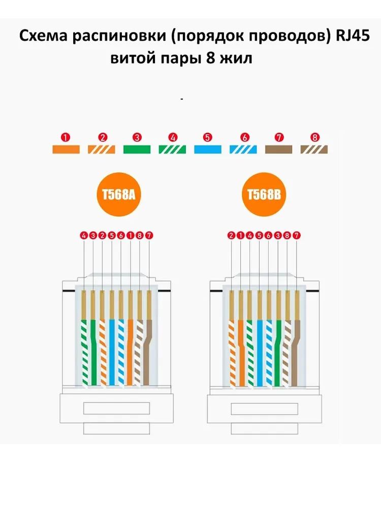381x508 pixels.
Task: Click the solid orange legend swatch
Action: (x=67, y=149)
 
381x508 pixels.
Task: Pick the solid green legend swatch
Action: (x=137, y=149)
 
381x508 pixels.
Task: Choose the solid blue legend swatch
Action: (x=208, y=149)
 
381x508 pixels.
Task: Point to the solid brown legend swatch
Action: (x=279, y=149)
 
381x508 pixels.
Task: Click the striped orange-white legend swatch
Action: (x=102, y=149)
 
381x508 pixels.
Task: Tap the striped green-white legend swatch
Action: (x=173, y=149)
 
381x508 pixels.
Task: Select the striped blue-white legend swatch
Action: (x=244, y=149)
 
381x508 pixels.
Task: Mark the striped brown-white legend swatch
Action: (x=314, y=149)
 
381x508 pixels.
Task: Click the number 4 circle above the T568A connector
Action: (x=84, y=236)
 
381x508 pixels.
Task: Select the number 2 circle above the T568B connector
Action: (x=231, y=236)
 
